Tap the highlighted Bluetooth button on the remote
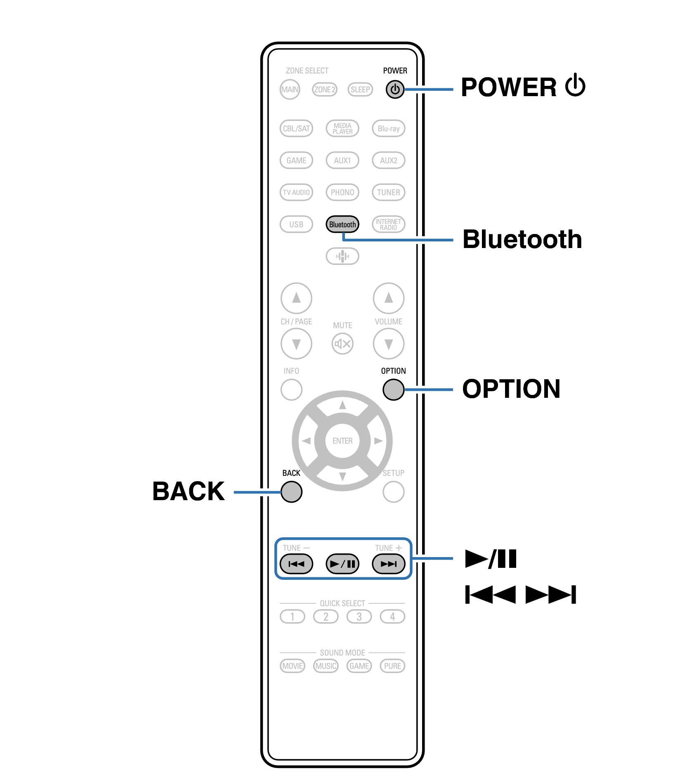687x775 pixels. pyautogui.click(x=342, y=224)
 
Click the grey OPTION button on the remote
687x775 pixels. pyautogui.click(x=393, y=389)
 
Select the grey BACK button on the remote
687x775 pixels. pyautogui.click(x=291, y=491)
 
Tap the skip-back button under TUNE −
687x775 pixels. pyautogui.click(x=296, y=564)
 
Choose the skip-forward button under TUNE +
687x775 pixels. pyautogui.click(x=388, y=564)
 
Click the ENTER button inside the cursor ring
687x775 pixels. pyautogui.click(x=342, y=441)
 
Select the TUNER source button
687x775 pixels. pyautogui.click(x=388, y=192)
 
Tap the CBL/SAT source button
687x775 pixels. pyautogui.click(x=296, y=128)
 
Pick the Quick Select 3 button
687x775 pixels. pyautogui.click(x=359, y=617)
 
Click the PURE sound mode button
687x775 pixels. pyautogui.click(x=392, y=666)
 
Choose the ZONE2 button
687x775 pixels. pyautogui.click(x=325, y=90)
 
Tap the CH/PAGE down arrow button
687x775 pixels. pyautogui.click(x=296, y=343)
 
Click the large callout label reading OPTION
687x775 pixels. pyautogui.click(x=511, y=389)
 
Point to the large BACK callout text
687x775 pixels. pyautogui.click(x=189, y=491)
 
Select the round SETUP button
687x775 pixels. pyautogui.click(x=393, y=491)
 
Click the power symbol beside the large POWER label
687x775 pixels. pyautogui.click(x=575, y=86)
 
